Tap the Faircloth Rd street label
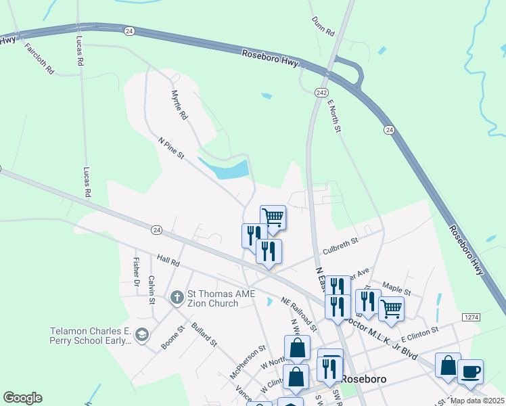click(x=39, y=59)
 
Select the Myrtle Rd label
click(x=179, y=105)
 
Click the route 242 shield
click(x=321, y=92)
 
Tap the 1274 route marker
click(x=471, y=317)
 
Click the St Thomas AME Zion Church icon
click(x=177, y=297)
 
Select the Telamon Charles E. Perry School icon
click(x=141, y=334)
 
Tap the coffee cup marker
click(x=470, y=371)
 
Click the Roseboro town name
click(x=363, y=379)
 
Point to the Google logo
click(x=22, y=398)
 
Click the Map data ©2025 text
click(x=476, y=401)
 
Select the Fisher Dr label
click(x=136, y=270)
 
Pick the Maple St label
click(x=397, y=288)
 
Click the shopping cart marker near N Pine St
click(x=273, y=217)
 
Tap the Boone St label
click(x=172, y=338)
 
